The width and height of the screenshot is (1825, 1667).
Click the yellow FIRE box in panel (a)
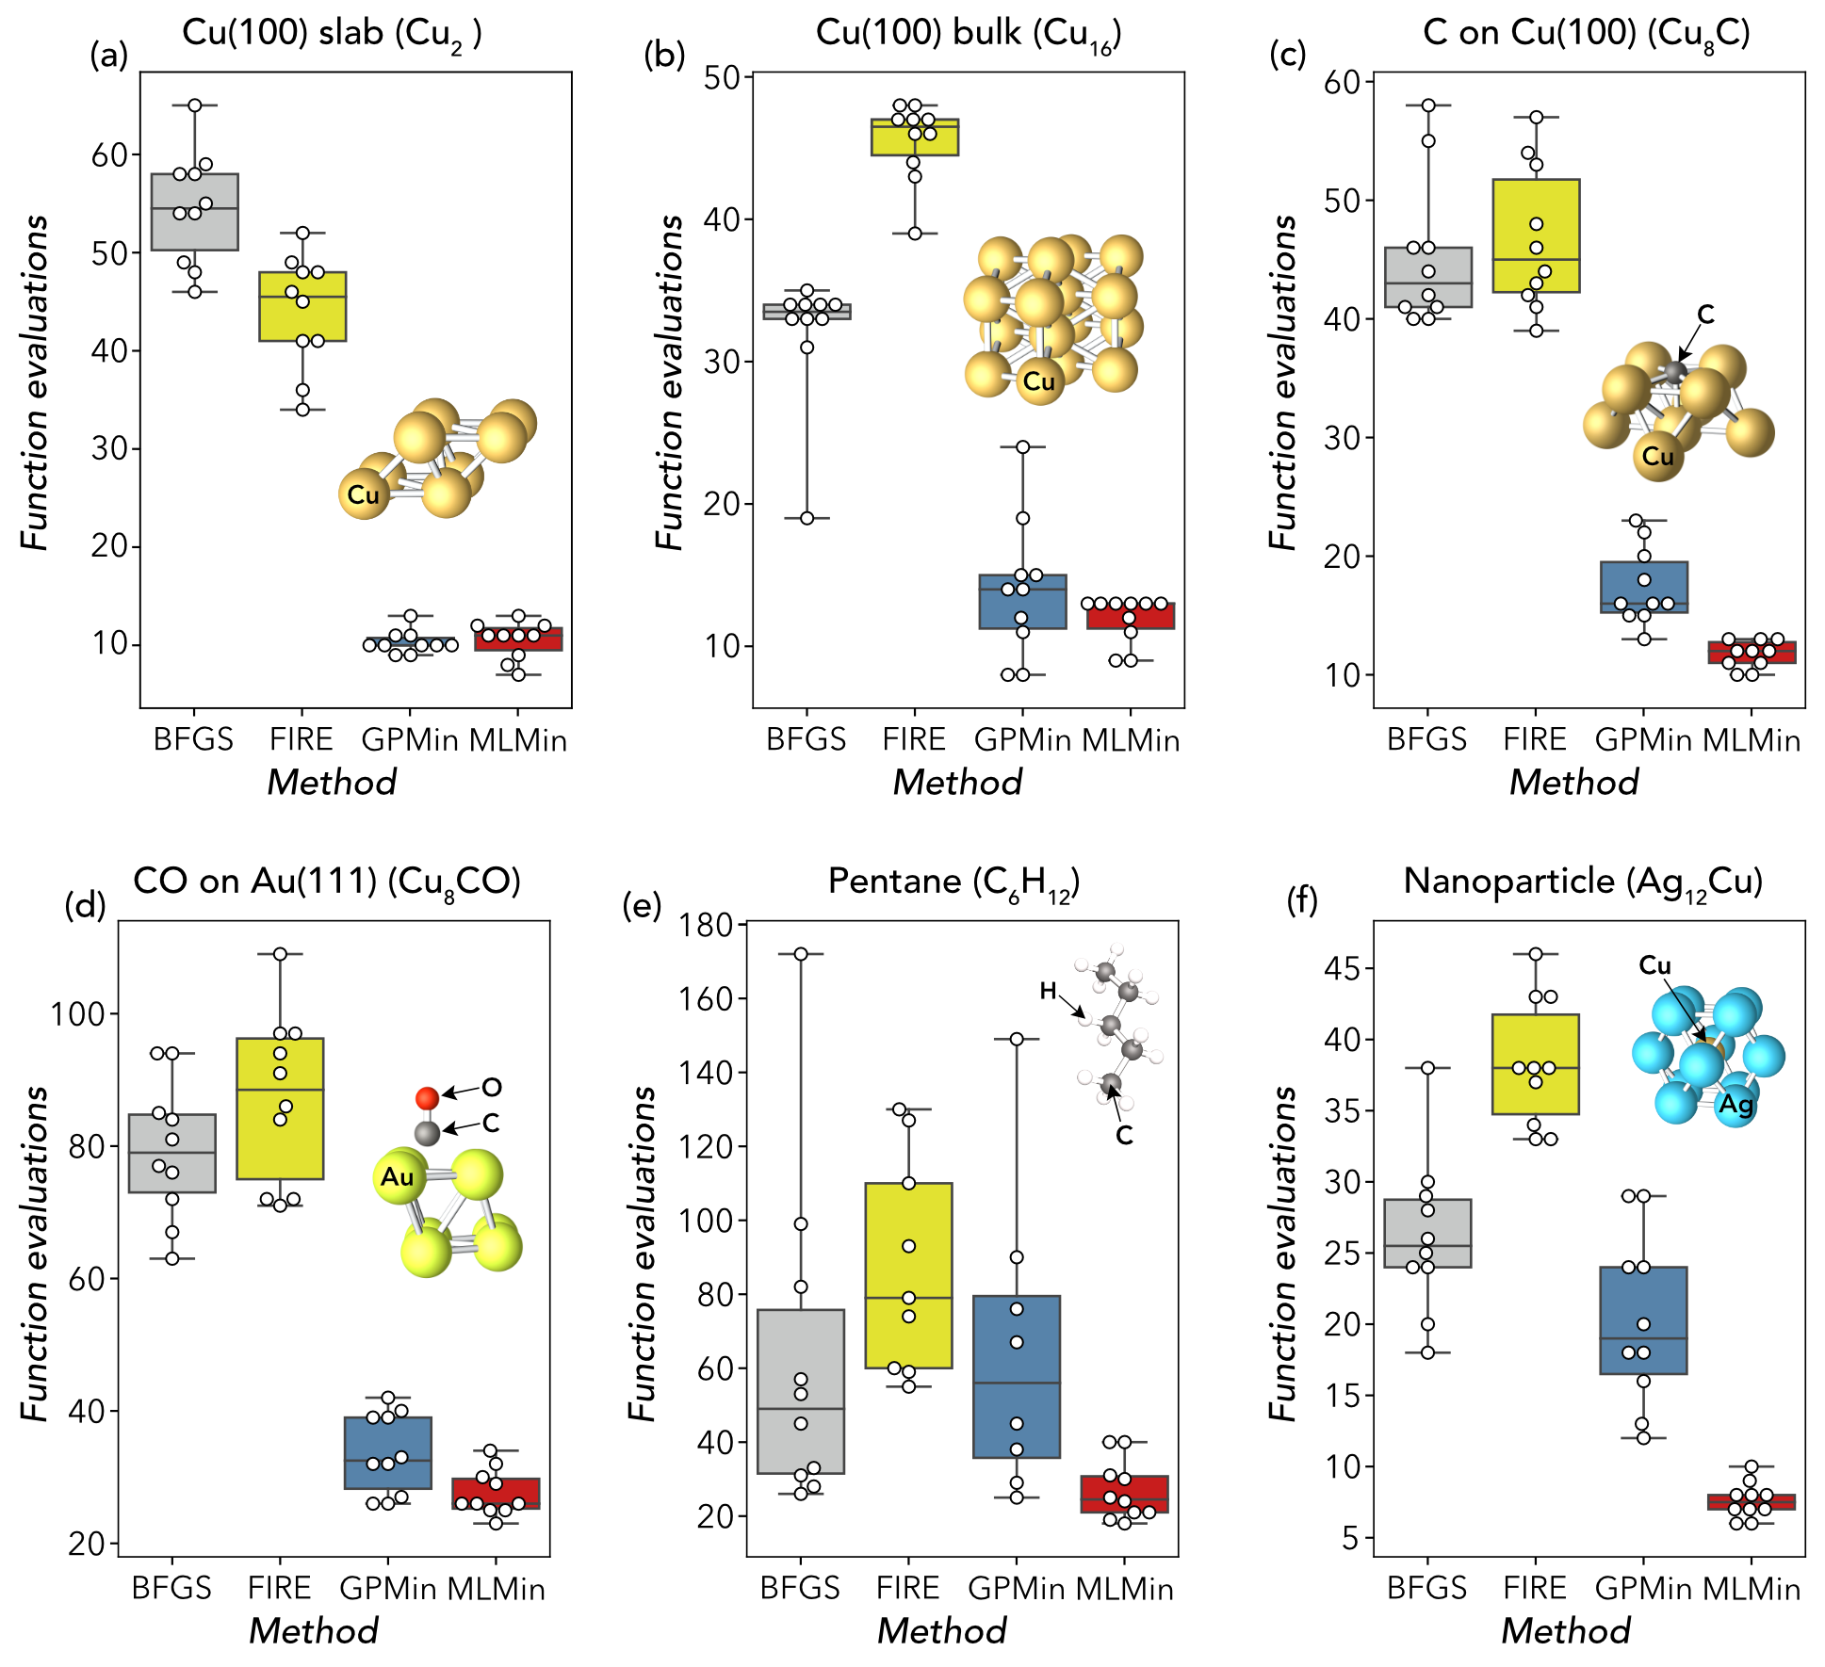[302, 306]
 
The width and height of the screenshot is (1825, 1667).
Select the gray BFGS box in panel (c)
[1428, 277]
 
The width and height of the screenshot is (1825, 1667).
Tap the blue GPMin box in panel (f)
[1643, 1320]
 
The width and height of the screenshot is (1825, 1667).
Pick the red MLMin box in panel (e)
[1124, 1495]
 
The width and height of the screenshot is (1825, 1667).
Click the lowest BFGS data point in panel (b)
[807, 518]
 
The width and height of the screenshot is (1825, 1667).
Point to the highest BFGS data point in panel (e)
[801, 954]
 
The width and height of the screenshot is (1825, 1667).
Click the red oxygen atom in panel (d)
[427, 1098]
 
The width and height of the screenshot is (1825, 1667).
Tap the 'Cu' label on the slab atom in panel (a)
[363, 494]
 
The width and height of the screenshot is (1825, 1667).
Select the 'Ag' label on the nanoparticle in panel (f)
[1735, 1103]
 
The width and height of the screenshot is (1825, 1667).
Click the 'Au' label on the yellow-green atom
[397, 1177]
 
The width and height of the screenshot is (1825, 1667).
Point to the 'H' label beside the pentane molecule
[1048, 990]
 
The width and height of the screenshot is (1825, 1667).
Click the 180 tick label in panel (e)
[707, 925]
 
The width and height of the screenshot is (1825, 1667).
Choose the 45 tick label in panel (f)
[1342, 968]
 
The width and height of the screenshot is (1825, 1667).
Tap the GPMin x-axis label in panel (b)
[1022, 740]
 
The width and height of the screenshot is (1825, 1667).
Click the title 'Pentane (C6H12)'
[953, 882]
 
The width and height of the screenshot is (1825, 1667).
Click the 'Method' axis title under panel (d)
[314, 1630]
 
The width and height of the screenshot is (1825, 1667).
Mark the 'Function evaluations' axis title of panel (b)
[669, 382]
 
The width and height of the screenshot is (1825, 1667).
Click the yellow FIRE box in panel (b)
[915, 137]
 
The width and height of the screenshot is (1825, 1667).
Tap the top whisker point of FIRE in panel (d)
[281, 954]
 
